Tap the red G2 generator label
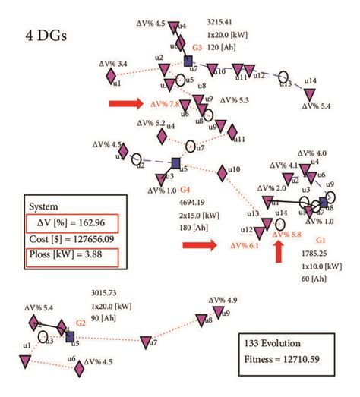[78, 323]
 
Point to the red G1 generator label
[330, 238]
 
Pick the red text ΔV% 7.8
[164, 104]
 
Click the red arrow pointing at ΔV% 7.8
[125, 104]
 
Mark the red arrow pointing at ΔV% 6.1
[199, 245]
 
